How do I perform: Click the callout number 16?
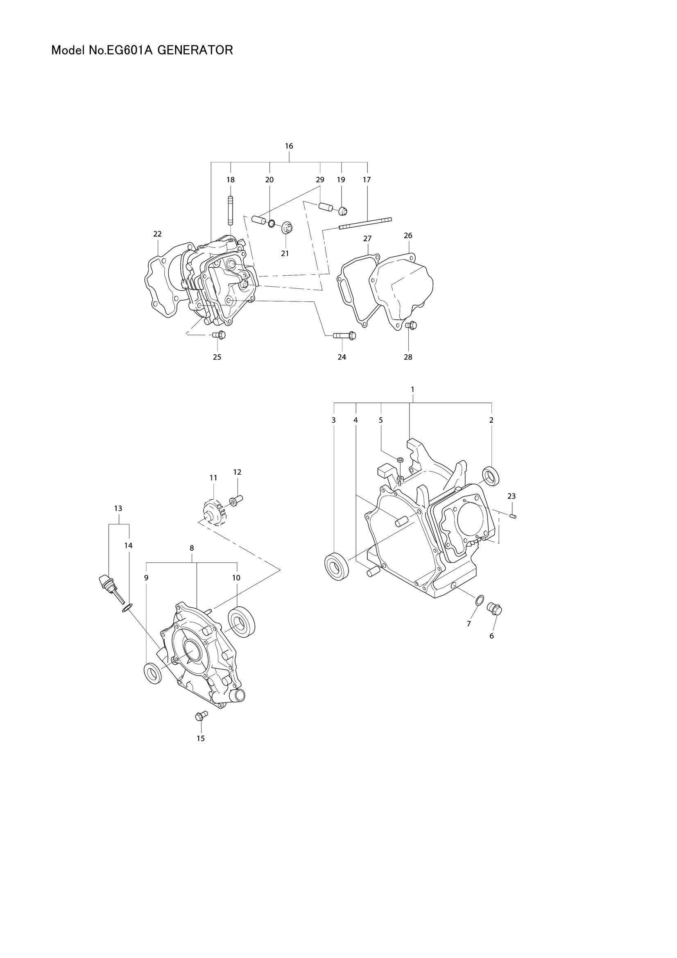click(289, 146)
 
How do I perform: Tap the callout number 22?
click(157, 234)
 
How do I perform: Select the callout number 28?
click(408, 357)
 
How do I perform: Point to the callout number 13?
click(118, 508)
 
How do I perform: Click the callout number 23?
click(512, 496)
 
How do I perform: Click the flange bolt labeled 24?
click(345, 335)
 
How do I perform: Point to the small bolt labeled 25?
click(219, 335)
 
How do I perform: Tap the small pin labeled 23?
click(513, 516)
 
